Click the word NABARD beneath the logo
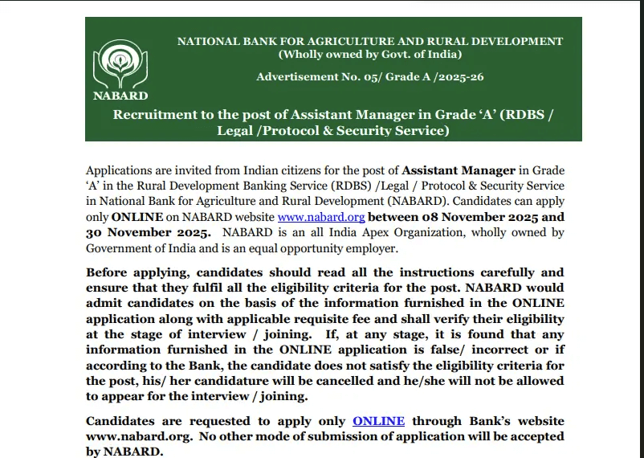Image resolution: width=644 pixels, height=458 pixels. (120, 96)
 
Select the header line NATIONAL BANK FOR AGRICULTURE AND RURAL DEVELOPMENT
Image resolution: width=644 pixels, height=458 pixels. (369, 41)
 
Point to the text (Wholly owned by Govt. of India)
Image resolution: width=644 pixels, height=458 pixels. (369, 55)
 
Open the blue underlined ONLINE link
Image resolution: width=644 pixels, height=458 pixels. (378, 421)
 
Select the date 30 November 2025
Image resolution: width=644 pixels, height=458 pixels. (148, 232)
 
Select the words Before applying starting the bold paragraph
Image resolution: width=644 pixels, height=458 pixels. (135, 272)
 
